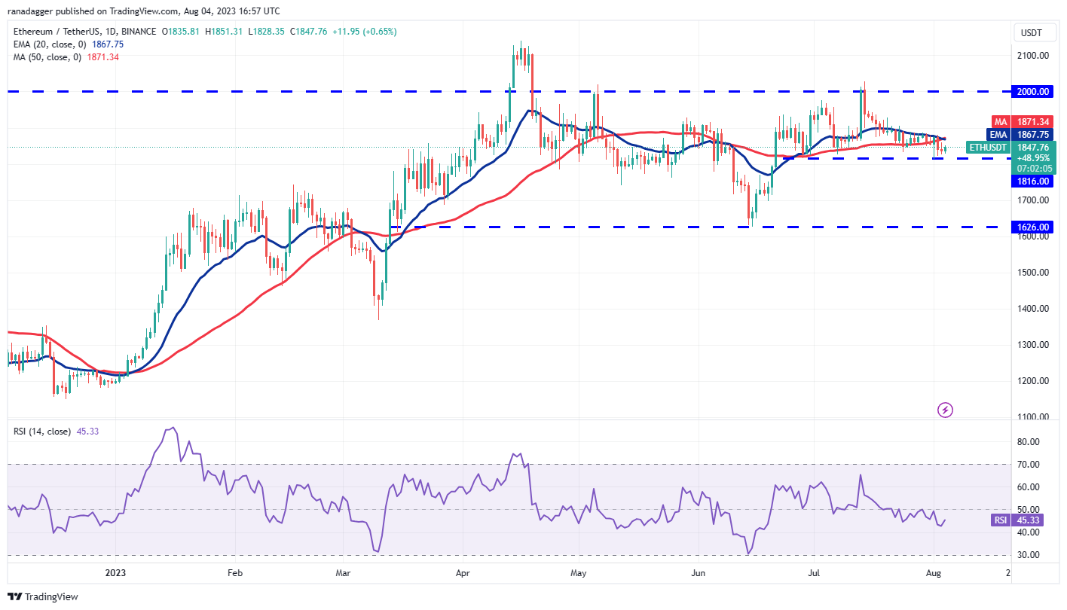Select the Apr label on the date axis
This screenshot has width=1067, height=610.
(x=463, y=573)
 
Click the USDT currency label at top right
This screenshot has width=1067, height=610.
(x=1032, y=32)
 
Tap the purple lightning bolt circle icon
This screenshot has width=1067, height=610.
(x=945, y=410)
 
